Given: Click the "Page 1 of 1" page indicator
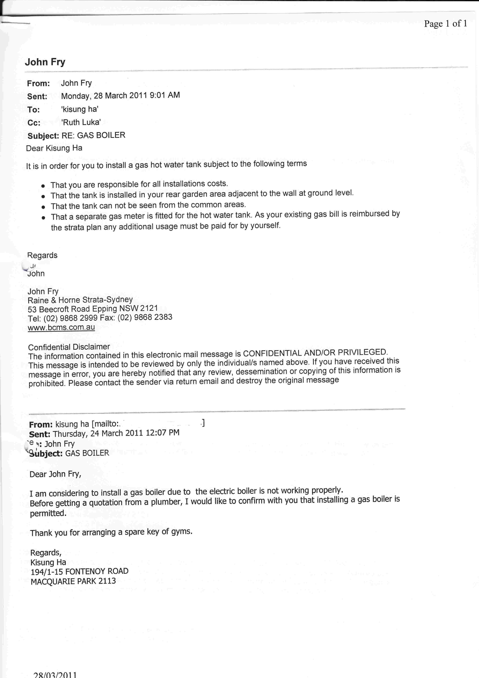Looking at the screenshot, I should [445, 24].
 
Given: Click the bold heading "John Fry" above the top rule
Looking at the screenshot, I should [45, 62].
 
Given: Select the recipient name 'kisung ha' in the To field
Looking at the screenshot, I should [80, 109].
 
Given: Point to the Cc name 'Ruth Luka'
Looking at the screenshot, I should [81, 122].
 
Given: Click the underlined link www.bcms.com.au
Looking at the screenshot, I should [61, 327].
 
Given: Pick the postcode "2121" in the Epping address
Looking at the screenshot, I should [149, 308].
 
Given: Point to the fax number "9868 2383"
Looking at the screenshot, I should [153, 317].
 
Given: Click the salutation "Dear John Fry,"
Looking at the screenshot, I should [55, 474].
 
